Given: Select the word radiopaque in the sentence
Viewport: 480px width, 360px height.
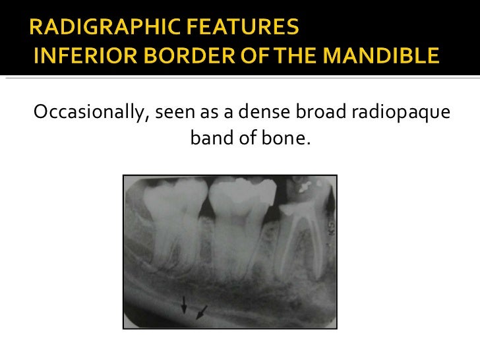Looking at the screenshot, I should point(401,114).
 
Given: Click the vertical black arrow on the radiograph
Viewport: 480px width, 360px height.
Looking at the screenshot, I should point(185,304).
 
